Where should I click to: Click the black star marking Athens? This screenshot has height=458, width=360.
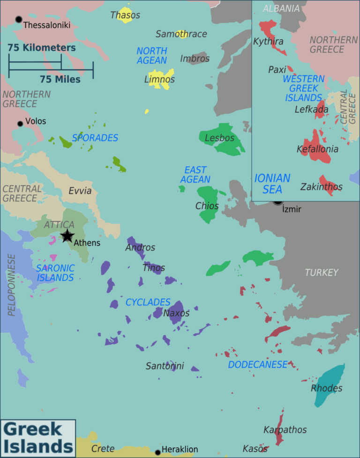click(x=67, y=236)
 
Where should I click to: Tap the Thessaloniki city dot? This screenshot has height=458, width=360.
click(x=19, y=19)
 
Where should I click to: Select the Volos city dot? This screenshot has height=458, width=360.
click(x=20, y=124)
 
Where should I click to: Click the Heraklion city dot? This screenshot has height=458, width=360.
click(x=158, y=452)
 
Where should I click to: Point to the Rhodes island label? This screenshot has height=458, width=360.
click(x=326, y=388)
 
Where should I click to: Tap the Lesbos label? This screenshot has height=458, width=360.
click(x=219, y=138)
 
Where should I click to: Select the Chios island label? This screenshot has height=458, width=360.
click(x=207, y=206)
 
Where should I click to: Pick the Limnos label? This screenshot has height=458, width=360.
click(x=159, y=80)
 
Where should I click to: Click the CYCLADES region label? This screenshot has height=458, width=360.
click(x=148, y=303)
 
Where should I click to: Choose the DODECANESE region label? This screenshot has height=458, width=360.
click(x=257, y=364)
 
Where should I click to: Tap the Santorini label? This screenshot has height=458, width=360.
click(x=165, y=366)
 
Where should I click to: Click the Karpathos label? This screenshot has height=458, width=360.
click(x=285, y=429)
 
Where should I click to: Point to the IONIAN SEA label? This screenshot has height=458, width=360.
click(x=272, y=184)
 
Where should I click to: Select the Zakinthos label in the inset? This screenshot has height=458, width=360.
click(x=321, y=187)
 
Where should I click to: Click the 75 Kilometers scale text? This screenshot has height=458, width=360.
click(x=41, y=48)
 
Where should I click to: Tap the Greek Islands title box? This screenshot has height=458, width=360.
click(x=37, y=437)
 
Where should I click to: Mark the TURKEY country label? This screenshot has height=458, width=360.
click(x=322, y=272)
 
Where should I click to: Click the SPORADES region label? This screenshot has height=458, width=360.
click(x=95, y=138)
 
